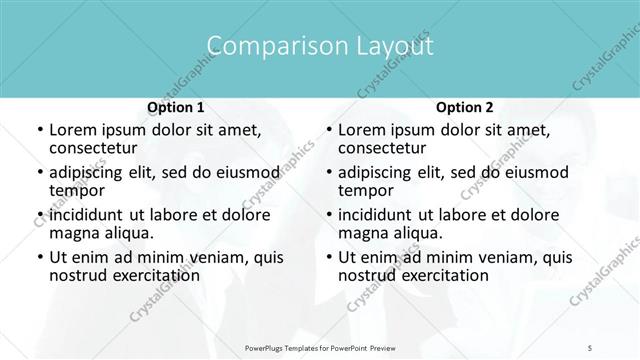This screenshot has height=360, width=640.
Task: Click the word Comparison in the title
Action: pyautogui.click(x=263, y=46)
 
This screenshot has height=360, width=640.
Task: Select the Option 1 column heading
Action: pyautogui.click(x=175, y=107)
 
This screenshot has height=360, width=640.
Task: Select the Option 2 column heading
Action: pyautogui.click(x=465, y=107)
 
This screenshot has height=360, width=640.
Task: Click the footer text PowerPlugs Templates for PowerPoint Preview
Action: pyautogui.click(x=320, y=347)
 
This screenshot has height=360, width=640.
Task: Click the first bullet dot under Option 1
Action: pyautogui.click(x=39, y=130)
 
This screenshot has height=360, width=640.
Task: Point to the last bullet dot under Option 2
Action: pyautogui.click(x=329, y=257)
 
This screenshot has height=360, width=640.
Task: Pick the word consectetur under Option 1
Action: pyautogui.click(x=96, y=148)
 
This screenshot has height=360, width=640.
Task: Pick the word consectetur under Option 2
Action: pyautogui.click(x=385, y=148)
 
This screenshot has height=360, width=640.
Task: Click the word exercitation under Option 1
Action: pyautogui.click(x=154, y=275)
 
